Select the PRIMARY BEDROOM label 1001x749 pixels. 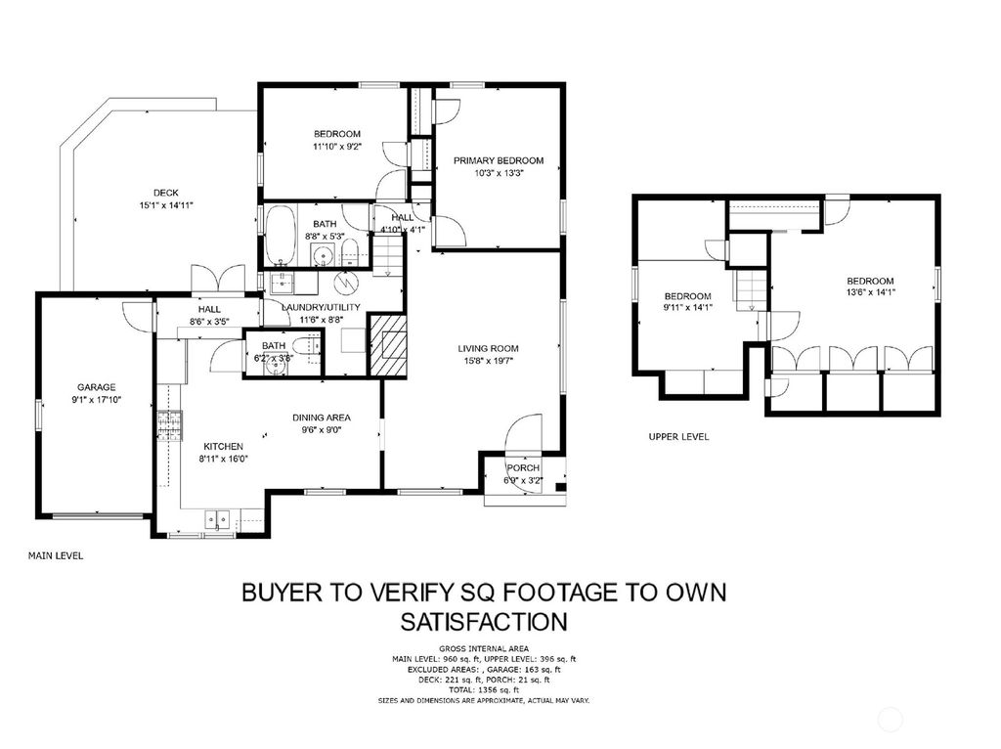coord(499,160)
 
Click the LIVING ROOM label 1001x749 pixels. coord(488,348)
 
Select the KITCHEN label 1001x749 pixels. coord(223,446)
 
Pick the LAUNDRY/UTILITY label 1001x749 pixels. coord(321,307)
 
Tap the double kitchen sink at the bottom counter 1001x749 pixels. coord(217,520)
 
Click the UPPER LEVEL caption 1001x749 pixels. coord(678,437)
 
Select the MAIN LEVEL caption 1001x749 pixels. coord(56,555)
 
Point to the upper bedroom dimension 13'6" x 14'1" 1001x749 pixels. coord(870,291)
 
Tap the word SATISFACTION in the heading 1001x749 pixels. coord(485,621)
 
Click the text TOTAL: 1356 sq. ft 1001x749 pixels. coord(484,690)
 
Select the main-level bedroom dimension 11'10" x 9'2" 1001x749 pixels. coord(337,147)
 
